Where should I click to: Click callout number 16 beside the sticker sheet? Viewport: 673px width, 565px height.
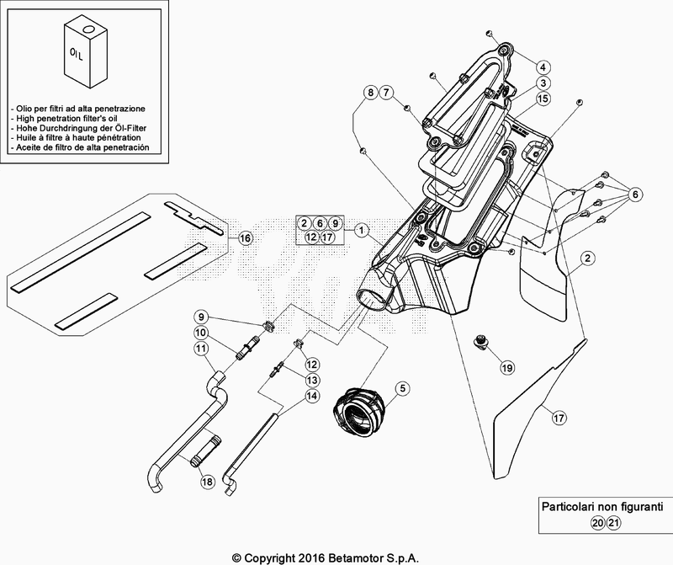(245, 237)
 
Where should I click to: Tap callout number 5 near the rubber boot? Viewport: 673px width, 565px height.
(403, 388)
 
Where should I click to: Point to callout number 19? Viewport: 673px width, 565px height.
(507, 367)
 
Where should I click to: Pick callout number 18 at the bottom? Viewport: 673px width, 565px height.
(207, 482)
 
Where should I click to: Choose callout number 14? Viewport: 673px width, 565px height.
(312, 395)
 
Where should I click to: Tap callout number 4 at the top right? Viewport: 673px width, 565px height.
(543, 67)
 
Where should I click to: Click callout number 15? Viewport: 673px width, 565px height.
(543, 99)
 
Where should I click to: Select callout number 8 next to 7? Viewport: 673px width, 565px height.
(370, 92)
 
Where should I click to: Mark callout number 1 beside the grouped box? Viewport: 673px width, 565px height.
(362, 231)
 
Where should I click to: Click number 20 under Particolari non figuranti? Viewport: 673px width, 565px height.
(597, 523)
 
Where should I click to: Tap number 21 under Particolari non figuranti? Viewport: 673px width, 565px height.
(614, 523)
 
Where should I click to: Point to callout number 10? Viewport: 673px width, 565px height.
(200, 333)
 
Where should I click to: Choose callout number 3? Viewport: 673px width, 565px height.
(543, 83)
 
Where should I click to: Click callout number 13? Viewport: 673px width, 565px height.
(312, 380)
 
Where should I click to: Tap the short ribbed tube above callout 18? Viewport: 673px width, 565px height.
(206, 450)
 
